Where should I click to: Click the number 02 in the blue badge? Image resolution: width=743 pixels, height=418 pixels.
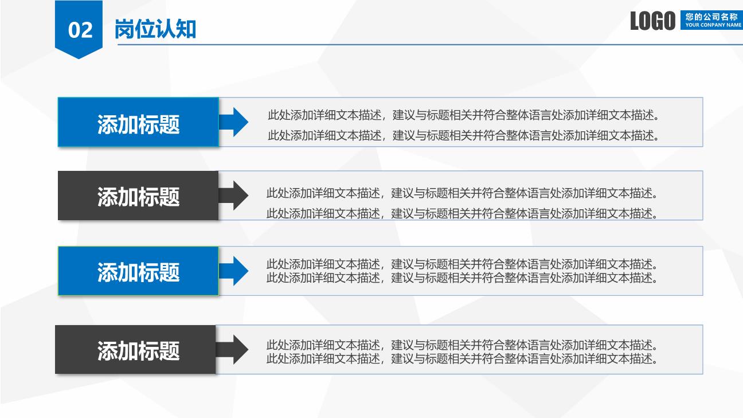[x=80, y=30]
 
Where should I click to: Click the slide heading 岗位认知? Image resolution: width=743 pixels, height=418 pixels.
[x=155, y=29]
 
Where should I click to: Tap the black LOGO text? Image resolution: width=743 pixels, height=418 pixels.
[x=652, y=21]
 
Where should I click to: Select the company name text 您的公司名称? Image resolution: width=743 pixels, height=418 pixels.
[x=711, y=17]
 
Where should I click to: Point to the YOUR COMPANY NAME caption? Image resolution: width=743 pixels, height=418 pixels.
[x=713, y=25]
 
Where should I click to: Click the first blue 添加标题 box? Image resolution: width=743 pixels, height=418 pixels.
[x=138, y=122]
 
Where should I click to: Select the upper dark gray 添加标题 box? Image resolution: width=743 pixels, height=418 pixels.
[x=138, y=196]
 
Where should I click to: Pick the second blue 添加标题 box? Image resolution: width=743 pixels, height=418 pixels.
[x=138, y=271]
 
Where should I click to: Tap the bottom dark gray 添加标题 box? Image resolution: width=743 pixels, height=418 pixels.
[x=135, y=350]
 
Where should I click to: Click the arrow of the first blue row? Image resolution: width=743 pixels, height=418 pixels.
[x=233, y=122]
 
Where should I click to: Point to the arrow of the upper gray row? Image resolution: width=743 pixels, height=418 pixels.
[x=233, y=196]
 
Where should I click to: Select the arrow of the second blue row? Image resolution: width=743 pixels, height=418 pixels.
[x=233, y=271]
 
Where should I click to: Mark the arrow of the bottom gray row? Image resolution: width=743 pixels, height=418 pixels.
[x=232, y=350]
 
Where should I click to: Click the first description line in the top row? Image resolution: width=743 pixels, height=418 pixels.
[x=463, y=115]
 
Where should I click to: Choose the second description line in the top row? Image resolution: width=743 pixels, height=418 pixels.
[x=463, y=135]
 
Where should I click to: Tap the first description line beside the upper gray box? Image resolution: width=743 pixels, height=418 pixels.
[x=462, y=193]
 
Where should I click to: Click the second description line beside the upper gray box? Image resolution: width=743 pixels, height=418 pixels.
[x=462, y=213]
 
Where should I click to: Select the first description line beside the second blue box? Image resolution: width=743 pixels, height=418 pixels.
[x=462, y=264]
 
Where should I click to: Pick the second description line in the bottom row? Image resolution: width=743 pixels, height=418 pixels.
[x=462, y=358]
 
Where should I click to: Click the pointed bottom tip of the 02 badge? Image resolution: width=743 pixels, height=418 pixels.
[x=79, y=58]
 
